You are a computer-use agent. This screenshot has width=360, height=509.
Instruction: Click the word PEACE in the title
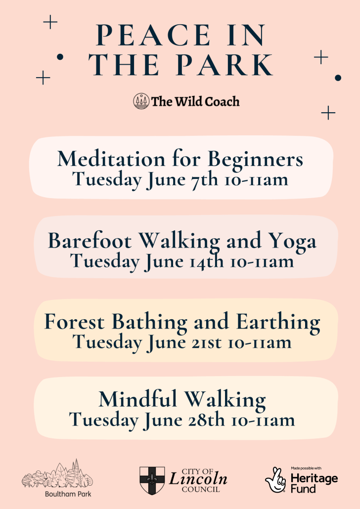click(153, 35)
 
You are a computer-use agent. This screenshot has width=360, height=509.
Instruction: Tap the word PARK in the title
click(226, 65)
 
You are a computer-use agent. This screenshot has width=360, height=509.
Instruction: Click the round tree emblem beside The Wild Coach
click(141, 101)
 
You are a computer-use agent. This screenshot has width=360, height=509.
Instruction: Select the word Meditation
click(111, 159)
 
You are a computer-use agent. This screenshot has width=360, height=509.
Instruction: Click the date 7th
click(204, 180)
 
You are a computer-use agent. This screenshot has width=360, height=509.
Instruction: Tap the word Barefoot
click(90, 241)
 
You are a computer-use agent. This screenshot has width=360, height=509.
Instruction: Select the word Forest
click(74, 322)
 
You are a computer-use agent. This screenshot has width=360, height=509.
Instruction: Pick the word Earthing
click(278, 323)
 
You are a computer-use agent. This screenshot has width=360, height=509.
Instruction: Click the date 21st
click(206, 343)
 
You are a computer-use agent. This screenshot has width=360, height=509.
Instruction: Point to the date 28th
click(206, 420)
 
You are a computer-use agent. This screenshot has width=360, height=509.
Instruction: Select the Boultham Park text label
click(68, 494)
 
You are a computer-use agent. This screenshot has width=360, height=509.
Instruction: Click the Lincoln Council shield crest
click(152, 481)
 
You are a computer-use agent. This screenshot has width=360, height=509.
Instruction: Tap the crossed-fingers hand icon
click(275, 480)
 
